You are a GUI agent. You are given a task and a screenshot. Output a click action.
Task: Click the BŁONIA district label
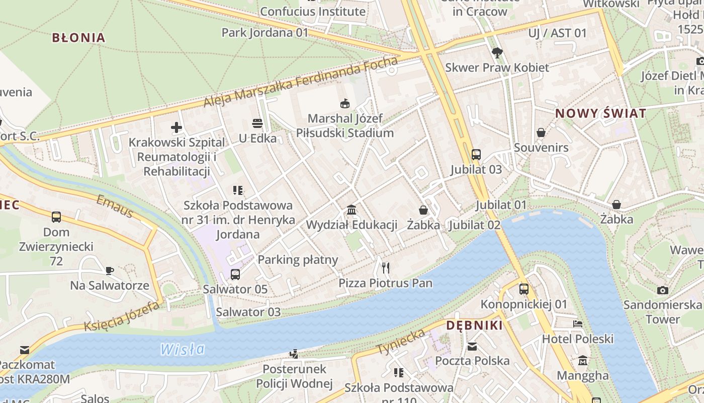79,38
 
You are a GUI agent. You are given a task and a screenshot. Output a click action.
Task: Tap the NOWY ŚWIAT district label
600,113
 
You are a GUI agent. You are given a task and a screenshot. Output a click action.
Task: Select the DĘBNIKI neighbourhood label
474,325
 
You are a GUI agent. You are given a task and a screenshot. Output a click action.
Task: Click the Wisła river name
183,349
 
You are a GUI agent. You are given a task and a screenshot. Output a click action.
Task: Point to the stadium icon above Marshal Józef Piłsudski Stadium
345,104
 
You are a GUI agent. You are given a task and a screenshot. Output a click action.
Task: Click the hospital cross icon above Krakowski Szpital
177,127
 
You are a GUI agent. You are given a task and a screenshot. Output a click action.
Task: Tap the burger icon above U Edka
257,123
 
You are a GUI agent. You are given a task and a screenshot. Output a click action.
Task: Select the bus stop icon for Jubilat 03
476,155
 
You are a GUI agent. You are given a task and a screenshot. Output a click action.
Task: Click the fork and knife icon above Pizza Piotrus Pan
386,267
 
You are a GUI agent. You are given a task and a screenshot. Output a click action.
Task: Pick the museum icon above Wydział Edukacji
351,210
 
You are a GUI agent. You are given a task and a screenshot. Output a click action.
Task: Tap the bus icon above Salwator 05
235,275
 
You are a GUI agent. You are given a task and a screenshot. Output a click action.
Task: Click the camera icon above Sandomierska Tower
663,290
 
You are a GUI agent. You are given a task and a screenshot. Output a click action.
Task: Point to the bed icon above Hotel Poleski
578,324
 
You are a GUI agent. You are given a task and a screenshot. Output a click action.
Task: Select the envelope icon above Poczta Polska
472,346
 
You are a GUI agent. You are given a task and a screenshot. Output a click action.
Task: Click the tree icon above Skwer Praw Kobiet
497,52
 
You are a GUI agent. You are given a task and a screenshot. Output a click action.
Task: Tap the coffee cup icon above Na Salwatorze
110,271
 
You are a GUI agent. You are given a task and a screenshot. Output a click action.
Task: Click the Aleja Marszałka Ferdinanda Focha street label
300,82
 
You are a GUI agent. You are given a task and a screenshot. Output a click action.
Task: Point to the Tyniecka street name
401,342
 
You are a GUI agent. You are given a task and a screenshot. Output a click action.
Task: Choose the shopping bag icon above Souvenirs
541,132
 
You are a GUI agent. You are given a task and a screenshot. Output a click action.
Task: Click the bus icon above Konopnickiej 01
524,289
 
